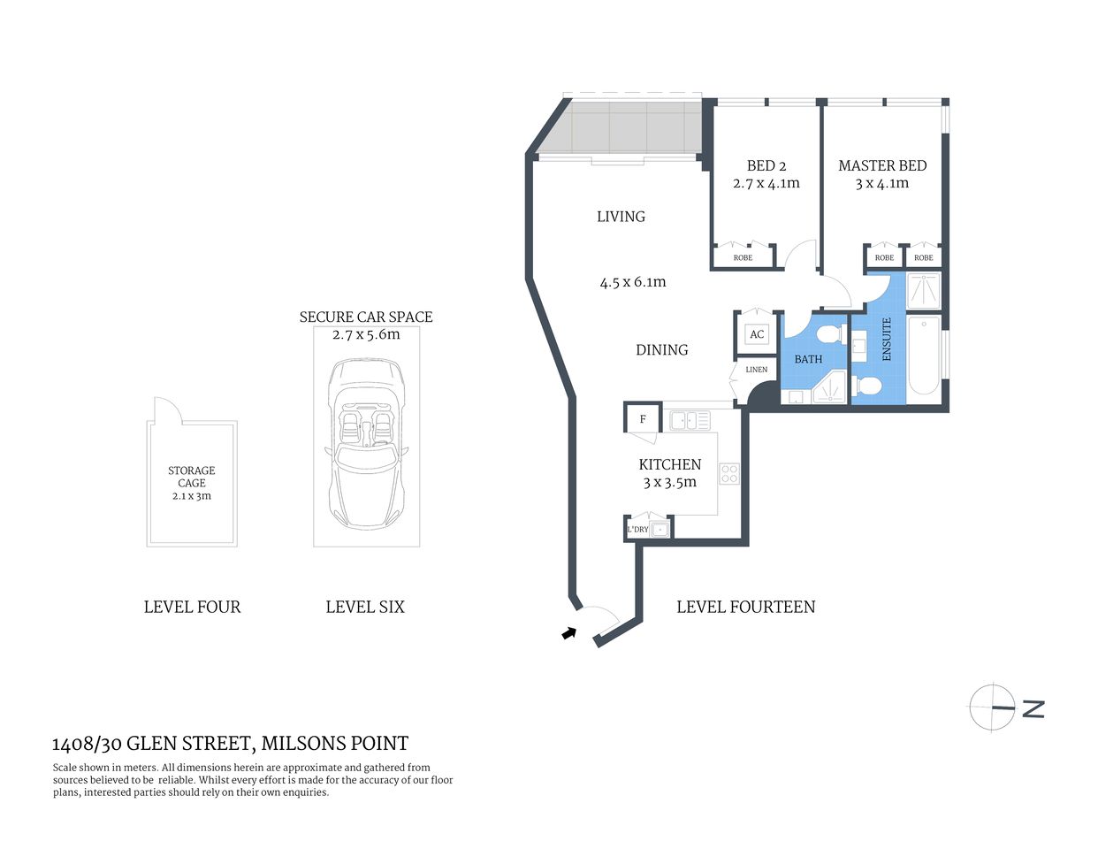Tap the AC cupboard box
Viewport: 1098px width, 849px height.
click(757, 334)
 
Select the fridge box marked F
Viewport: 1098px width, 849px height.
click(643, 419)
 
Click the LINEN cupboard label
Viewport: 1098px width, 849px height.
click(757, 370)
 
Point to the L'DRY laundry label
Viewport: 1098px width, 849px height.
click(637, 530)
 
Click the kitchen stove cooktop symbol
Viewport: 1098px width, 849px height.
click(728, 473)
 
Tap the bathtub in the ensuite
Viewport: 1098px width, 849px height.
click(925, 356)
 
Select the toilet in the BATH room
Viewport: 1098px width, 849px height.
click(829, 335)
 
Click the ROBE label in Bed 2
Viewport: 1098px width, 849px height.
click(743, 258)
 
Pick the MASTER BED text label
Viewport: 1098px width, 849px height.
click(882, 165)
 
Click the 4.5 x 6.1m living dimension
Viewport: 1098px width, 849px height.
click(633, 283)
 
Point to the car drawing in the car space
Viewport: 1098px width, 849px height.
click(365, 442)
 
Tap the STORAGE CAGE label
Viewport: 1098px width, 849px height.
click(192, 477)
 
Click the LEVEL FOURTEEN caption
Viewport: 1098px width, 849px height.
click(745, 607)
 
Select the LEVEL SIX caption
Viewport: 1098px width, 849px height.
click(365, 607)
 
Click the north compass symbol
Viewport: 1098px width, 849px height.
click(993, 707)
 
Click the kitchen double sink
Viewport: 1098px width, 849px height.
click(690, 420)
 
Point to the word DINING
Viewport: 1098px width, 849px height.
click(661, 350)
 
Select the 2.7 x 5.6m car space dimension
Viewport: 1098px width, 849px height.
click(366, 334)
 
